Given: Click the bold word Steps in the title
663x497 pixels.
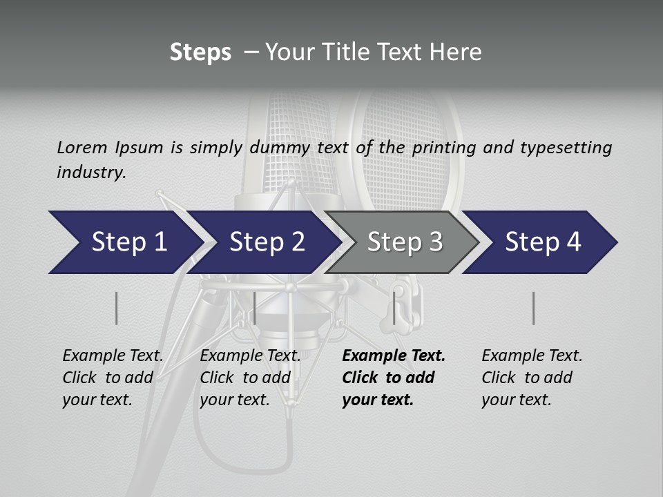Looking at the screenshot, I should (x=200, y=52).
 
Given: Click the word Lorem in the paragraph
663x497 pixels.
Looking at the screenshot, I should (x=81, y=147).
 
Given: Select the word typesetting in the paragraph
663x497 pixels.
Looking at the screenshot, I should (x=566, y=147).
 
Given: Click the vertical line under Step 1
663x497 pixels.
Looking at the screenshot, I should (x=117, y=308).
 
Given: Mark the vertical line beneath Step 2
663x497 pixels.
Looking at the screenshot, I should (x=255, y=308).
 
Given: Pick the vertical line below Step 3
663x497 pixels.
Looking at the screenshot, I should (x=394, y=308).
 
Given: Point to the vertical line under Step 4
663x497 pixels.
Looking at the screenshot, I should (x=534, y=308).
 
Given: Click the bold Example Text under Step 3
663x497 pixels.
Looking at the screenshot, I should (x=394, y=356).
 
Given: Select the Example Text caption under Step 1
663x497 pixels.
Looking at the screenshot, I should (x=113, y=356).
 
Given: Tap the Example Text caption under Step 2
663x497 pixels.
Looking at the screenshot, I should (x=250, y=356).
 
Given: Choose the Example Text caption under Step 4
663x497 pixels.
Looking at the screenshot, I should (x=532, y=356).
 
